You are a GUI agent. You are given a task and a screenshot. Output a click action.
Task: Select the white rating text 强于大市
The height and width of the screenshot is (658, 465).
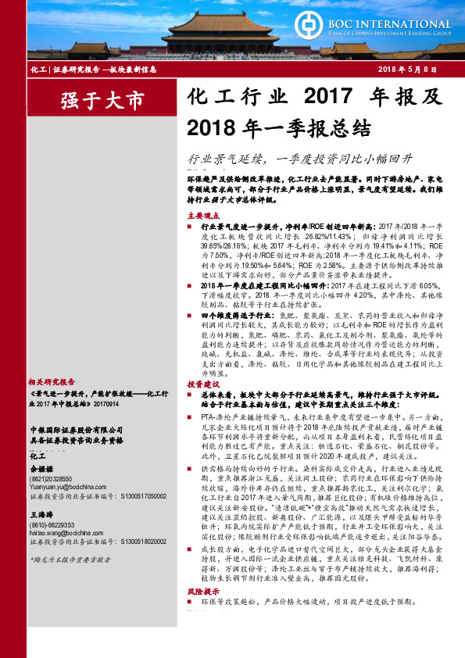pos(92,100)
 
